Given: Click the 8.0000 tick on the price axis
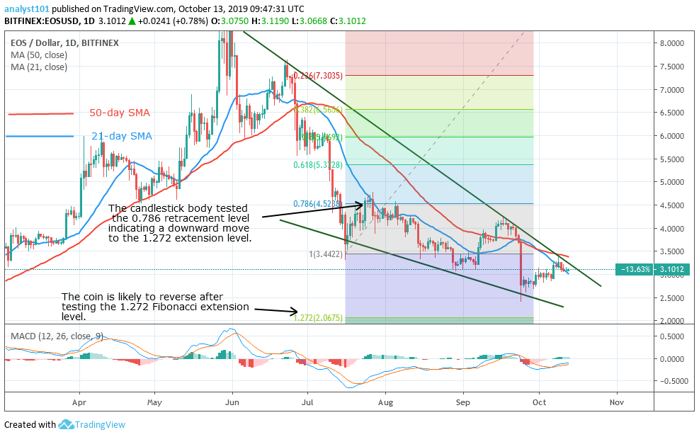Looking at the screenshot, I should pyautogui.click(x=671, y=43).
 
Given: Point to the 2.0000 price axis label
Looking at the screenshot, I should pyautogui.click(x=671, y=321).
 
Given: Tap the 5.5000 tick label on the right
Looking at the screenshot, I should pyautogui.click(x=671, y=159).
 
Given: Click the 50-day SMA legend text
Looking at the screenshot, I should pyautogui.click(x=119, y=113).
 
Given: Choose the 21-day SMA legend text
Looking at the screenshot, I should pyautogui.click(x=120, y=136).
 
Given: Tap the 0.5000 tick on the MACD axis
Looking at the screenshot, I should pyautogui.click(x=671, y=336).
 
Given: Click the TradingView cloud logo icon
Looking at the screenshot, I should pyautogui.click(x=67, y=424).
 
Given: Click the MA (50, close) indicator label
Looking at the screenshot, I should pyautogui.click(x=39, y=55).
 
